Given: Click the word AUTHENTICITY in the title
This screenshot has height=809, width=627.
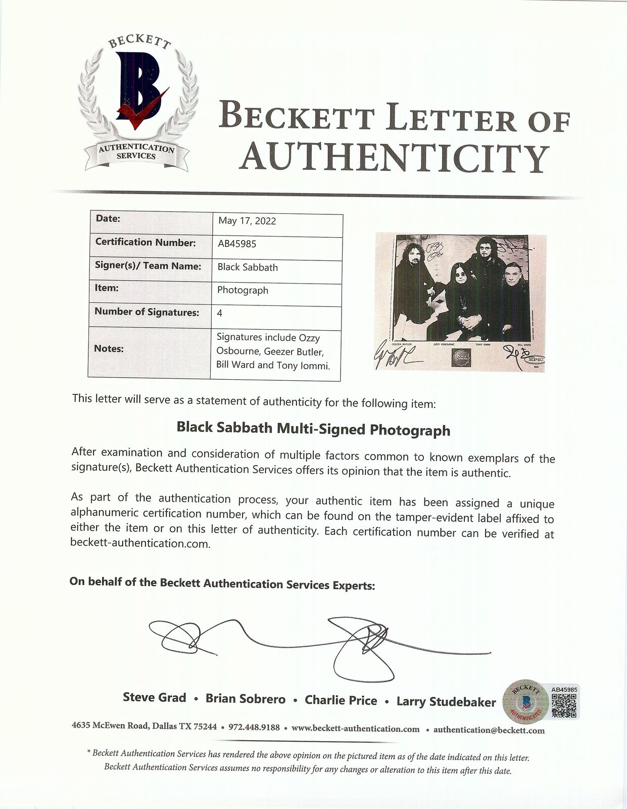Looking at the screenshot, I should (394, 157).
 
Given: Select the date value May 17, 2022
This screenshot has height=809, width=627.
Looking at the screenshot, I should (247, 221).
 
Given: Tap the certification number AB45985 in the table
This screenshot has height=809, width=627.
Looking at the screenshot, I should (237, 244).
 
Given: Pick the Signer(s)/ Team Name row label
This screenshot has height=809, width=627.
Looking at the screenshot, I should (148, 266).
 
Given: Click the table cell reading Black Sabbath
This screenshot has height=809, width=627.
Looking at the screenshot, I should (248, 267).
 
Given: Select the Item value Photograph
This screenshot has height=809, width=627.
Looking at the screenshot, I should (243, 290).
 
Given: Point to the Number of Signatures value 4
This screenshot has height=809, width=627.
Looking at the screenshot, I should (220, 313).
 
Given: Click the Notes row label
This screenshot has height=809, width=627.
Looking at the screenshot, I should (109, 348).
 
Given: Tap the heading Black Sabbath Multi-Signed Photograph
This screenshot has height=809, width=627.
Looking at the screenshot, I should (313, 429).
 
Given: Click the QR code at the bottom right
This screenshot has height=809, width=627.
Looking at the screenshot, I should (565, 705).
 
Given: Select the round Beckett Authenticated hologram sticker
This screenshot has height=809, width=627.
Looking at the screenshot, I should (525, 701).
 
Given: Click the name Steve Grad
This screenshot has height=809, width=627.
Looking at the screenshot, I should (155, 698).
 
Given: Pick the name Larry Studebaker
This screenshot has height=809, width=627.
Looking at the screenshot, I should (446, 701).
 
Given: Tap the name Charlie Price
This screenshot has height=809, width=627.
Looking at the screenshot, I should (341, 700).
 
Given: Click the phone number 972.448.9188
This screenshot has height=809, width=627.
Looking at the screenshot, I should (254, 728).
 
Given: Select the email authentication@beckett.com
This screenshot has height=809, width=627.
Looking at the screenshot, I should (489, 730).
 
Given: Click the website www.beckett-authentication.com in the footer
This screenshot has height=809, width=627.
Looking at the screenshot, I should (355, 729).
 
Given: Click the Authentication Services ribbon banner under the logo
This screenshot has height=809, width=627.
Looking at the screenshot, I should (136, 152).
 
